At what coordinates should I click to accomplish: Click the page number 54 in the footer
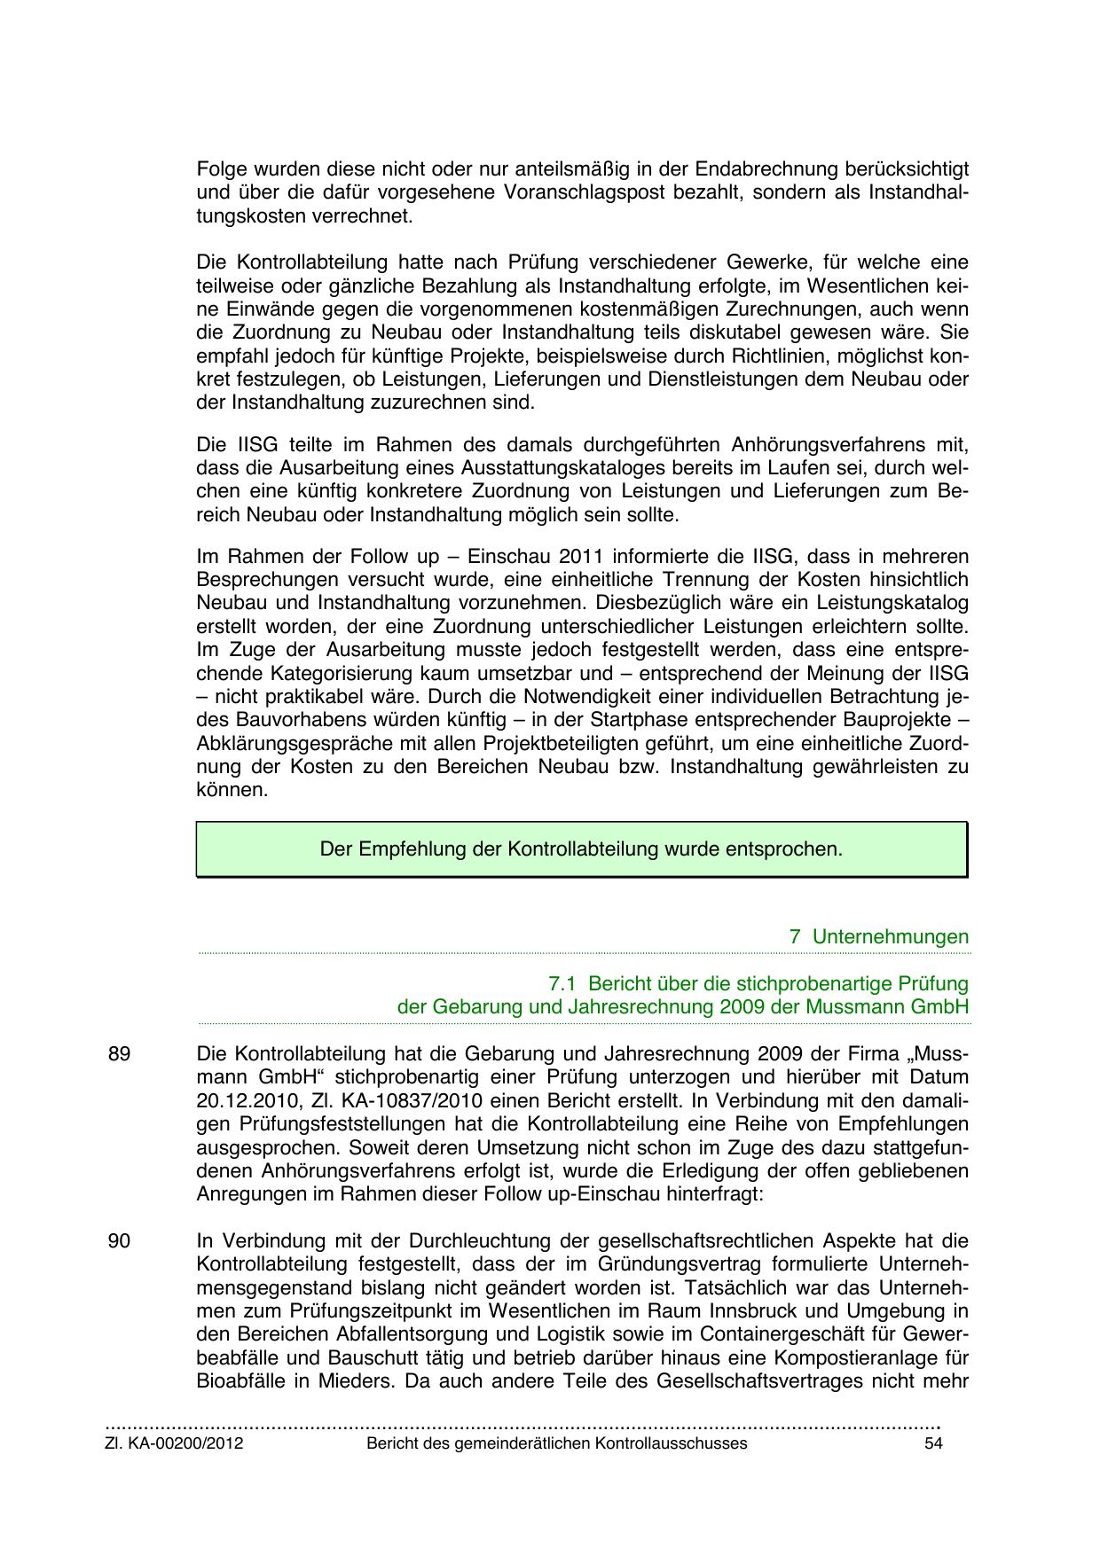[931, 1443]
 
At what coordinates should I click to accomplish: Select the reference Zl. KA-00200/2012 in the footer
[175, 1443]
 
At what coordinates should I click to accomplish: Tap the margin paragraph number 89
[119, 1054]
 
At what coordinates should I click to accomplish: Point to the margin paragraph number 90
[119, 1241]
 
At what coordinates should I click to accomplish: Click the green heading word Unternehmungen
[891, 937]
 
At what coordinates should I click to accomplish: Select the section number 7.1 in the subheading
[563, 984]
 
